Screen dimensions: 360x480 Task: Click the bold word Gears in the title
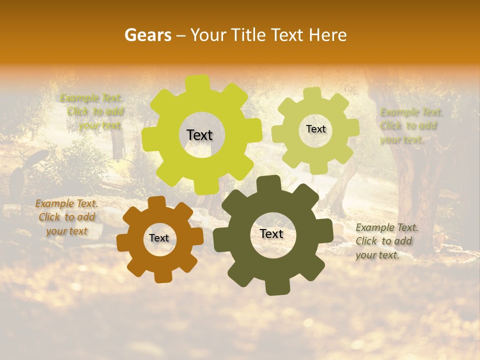(147, 35)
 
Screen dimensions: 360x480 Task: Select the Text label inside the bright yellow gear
(199, 135)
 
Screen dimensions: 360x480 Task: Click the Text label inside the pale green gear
(315, 129)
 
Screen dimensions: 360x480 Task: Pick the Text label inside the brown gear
(159, 238)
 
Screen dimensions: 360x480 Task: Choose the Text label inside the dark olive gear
(271, 234)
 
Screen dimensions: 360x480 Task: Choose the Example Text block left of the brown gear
(66, 217)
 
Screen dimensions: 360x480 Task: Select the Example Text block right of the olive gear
(386, 241)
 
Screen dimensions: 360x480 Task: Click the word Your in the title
(206, 35)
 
